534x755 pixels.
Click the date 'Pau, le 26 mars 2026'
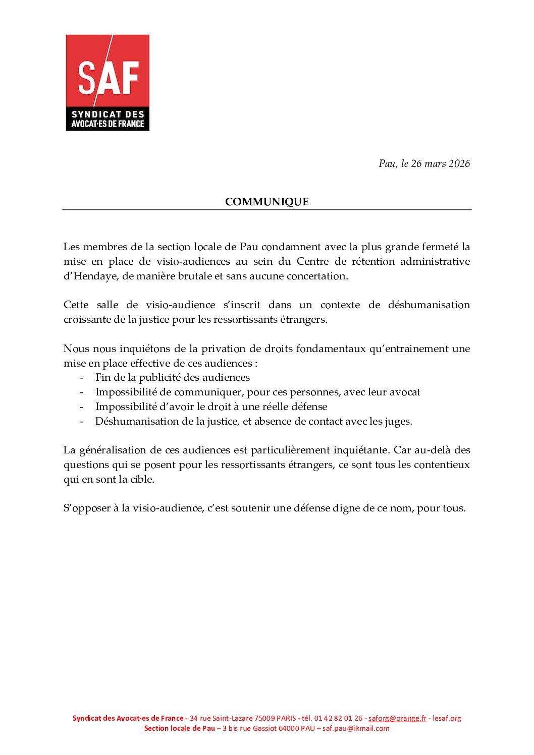coord(424,163)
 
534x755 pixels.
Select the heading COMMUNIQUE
coord(266,202)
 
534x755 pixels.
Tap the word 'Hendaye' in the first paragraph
coord(90,276)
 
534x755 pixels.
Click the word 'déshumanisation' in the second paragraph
coord(429,305)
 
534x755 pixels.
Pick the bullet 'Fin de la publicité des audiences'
coord(172,377)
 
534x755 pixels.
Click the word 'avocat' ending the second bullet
coord(404,392)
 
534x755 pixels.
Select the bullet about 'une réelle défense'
coord(211,406)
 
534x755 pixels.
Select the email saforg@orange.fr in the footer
coord(397,718)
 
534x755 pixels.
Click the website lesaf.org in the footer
coord(447,718)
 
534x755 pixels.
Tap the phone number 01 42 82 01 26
coord(338,718)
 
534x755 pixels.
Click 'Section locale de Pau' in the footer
coord(179,728)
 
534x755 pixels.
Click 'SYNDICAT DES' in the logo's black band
coord(108,114)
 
